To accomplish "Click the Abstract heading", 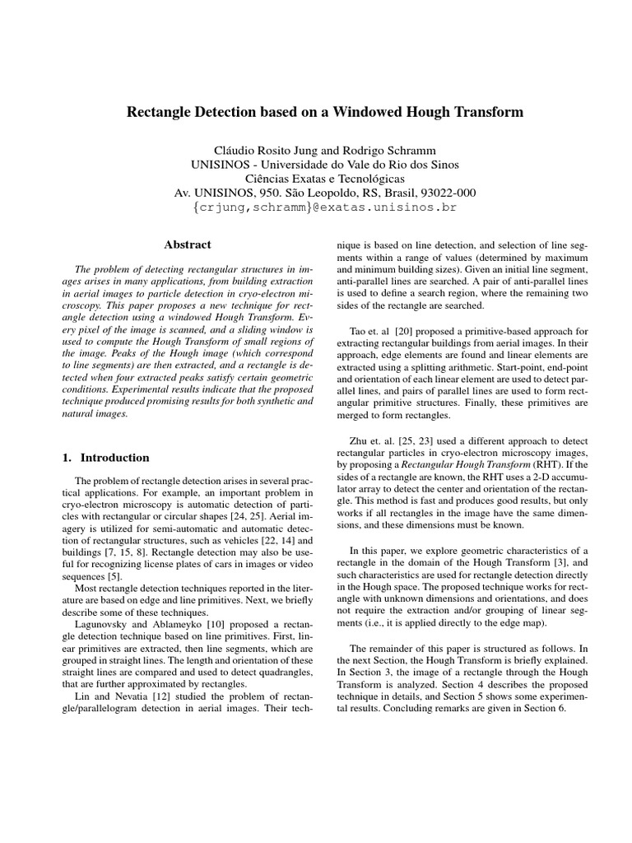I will coord(187,245).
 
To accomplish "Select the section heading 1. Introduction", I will coord(106,458).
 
